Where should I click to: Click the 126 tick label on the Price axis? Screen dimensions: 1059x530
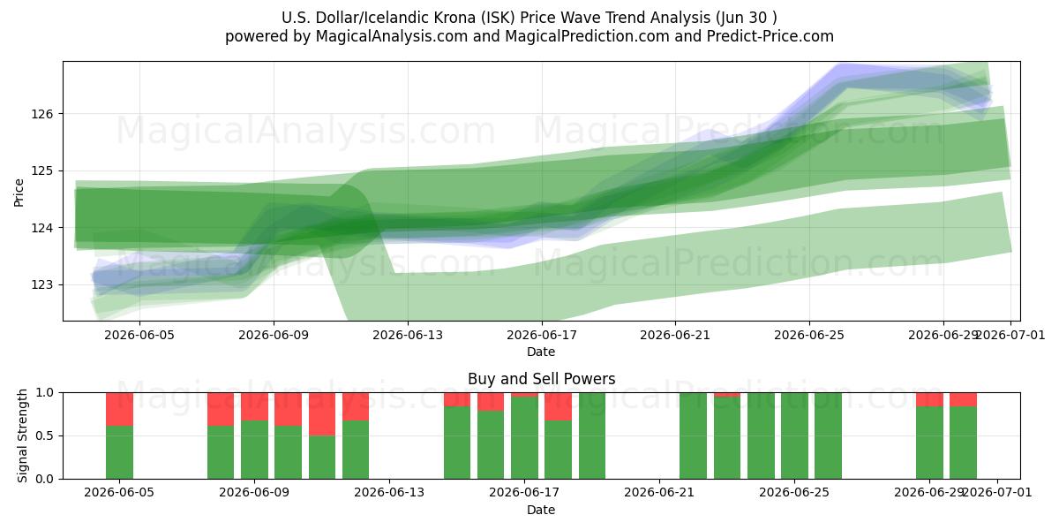(42, 114)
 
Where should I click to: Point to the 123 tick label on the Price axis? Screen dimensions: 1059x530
(42, 284)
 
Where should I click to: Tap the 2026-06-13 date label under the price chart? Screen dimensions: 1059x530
(408, 335)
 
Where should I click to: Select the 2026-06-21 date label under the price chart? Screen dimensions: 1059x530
(675, 335)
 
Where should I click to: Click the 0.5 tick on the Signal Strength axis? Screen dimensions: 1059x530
(45, 435)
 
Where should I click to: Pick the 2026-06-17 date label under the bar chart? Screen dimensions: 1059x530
(524, 492)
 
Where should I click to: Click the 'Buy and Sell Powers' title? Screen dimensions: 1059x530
(541, 379)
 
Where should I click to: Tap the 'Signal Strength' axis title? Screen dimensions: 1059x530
(22, 435)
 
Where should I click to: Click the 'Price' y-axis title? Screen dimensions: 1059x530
(19, 193)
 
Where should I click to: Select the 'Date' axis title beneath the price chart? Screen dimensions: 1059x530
(541, 352)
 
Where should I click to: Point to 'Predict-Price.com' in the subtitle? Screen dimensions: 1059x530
(770, 36)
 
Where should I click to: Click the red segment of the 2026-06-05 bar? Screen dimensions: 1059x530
(120, 409)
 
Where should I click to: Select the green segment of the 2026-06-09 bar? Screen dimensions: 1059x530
(254, 450)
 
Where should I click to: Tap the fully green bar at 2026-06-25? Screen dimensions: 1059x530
(794, 435)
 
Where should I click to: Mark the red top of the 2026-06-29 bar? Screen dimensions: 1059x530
(929, 399)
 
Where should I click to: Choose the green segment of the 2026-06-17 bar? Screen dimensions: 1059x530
(524, 438)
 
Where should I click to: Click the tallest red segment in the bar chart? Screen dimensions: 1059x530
(322, 414)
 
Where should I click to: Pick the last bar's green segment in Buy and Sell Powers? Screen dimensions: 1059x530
(963, 443)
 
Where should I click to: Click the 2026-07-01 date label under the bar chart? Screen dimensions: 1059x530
(997, 492)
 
